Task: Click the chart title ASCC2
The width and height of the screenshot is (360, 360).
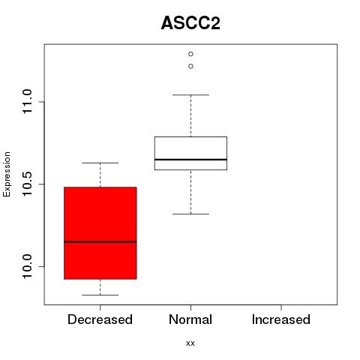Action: (190, 23)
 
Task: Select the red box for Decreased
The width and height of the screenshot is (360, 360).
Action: (100, 233)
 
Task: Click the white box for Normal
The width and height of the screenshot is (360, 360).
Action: (190, 153)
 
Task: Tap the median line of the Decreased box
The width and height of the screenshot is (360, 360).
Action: (100, 241)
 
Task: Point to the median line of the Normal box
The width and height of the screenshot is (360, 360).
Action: (190, 159)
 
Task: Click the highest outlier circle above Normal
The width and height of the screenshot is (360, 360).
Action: (190, 54)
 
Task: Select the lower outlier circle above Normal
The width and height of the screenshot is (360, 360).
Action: (190, 66)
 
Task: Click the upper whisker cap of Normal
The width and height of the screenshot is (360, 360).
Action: (190, 95)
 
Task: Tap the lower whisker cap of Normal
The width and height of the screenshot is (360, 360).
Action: (190, 214)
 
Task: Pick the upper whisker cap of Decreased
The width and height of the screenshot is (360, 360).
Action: (100, 163)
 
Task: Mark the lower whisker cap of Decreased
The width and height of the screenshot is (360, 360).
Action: (100, 295)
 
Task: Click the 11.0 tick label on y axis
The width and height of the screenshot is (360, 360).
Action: (27, 102)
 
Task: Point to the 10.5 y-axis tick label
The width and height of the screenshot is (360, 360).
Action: (27, 184)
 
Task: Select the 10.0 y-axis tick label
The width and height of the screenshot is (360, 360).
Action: (27, 266)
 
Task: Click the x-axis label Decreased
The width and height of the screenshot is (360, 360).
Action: (100, 319)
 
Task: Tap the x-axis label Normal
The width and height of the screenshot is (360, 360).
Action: (190, 319)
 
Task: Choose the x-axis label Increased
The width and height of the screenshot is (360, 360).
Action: (281, 319)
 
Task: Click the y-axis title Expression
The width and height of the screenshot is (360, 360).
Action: (7, 174)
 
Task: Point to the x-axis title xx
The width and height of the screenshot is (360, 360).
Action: (190, 343)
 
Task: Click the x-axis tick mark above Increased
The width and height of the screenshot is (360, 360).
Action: (281, 307)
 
